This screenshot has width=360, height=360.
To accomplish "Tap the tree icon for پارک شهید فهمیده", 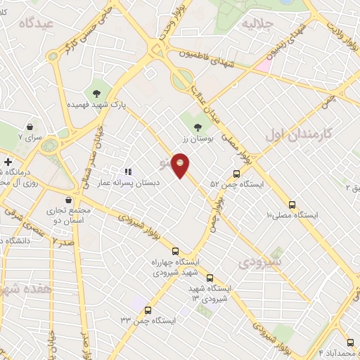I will pos(96,93).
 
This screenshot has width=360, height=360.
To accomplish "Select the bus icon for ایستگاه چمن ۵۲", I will pos(237,174).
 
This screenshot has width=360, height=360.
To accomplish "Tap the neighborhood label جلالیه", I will pos(257,24).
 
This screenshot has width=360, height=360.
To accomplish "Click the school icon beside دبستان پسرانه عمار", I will pos(128,171).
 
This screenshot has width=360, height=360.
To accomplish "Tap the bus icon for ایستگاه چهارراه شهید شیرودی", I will pos(175,251).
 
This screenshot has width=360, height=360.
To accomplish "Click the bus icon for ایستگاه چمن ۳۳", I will pos(148,310).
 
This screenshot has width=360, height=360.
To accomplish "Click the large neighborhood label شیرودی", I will pos(259,263).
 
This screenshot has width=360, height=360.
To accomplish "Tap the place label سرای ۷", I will pos(31,137).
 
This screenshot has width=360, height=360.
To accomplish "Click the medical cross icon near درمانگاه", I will pos(7,162).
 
